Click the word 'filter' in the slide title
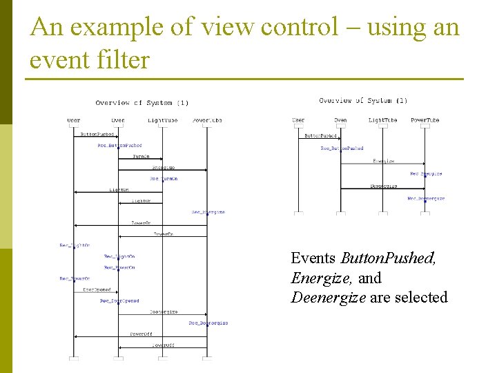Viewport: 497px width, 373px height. (120, 60)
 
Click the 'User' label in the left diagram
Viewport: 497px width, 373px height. (74, 120)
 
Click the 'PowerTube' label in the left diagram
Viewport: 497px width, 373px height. (207, 120)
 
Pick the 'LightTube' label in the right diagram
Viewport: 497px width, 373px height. (382, 120)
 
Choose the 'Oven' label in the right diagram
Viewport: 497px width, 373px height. (340, 120)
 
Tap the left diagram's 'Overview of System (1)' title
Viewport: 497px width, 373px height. (142, 103)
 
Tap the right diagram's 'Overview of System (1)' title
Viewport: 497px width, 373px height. (363, 101)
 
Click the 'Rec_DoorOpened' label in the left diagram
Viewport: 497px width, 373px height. (119, 301)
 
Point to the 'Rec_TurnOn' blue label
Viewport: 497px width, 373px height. (164, 179)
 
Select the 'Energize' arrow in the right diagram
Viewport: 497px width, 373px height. (383, 164)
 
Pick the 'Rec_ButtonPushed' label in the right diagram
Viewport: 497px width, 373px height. (342, 148)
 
